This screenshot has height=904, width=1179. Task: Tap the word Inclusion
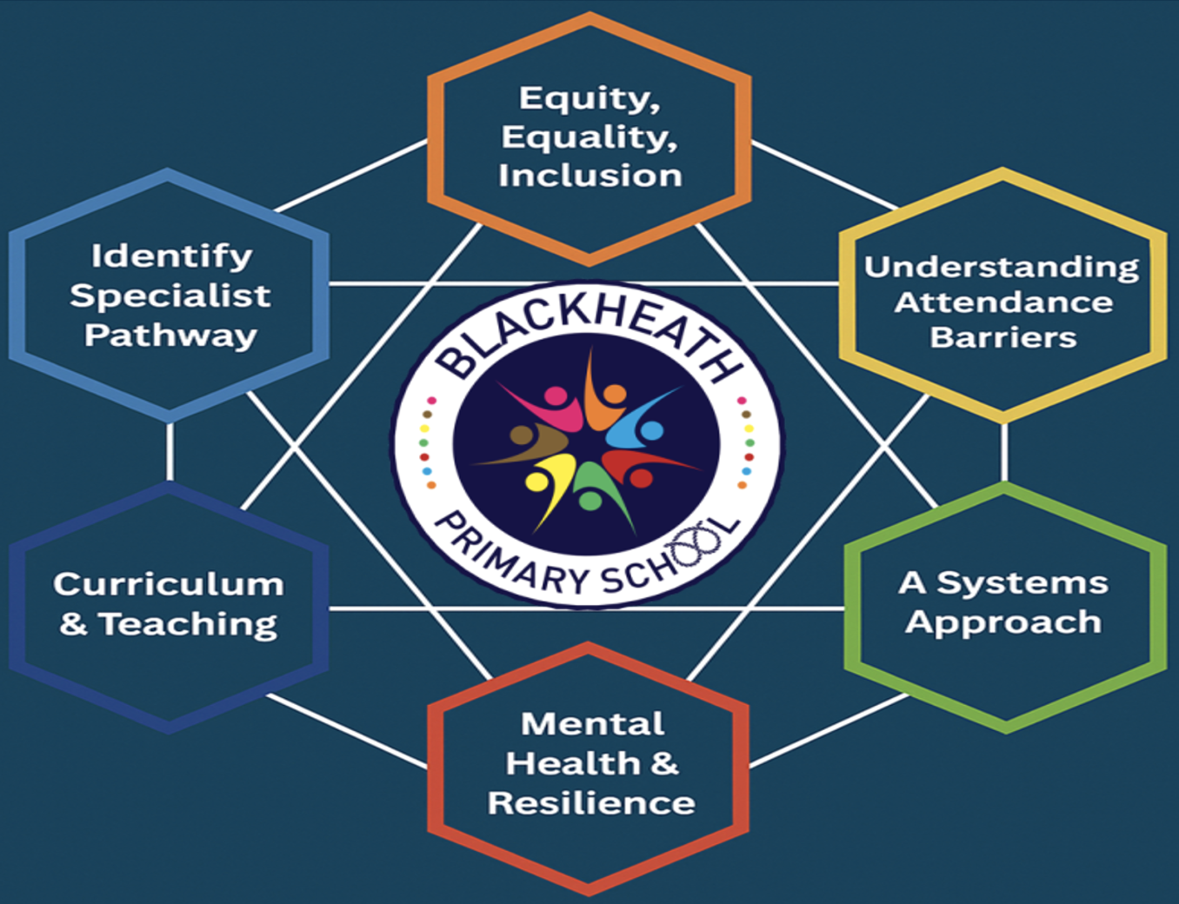pyautogui.click(x=589, y=176)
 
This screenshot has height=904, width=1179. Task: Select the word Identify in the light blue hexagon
pyautogui.click(x=171, y=256)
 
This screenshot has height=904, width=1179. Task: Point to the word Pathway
pyautogui.click(x=170, y=336)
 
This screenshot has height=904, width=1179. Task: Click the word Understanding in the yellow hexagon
pyautogui.click(x=1001, y=267)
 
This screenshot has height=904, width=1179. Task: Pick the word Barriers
pyautogui.click(x=1002, y=337)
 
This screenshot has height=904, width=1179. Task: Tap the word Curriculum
pyautogui.click(x=169, y=584)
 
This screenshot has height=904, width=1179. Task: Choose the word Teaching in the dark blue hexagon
pyautogui.click(x=188, y=624)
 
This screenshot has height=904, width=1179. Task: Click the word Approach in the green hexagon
pyautogui.click(x=1002, y=622)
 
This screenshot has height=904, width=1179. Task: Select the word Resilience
pyautogui.click(x=590, y=803)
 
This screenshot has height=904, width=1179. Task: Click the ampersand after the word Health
pyautogui.click(x=663, y=763)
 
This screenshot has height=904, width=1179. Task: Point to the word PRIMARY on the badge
pyautogui.click(x=513, y=556)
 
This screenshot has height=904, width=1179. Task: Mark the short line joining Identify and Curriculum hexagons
pyautogui.click(x=170, y=452)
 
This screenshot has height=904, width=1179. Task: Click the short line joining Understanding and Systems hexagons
pyautogui.click(x=1004, y=452)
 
